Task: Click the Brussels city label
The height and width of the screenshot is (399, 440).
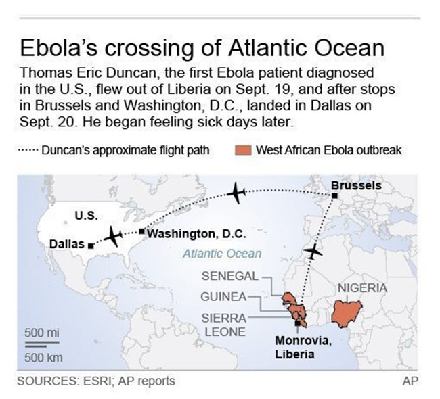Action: tap(356, 185)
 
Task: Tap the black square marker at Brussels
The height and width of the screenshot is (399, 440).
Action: tap(335, 196)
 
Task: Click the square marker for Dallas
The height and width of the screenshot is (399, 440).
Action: tap(91, 245)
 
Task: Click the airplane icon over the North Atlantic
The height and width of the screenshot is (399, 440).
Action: tap(236, 193)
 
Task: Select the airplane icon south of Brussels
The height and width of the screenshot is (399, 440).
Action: tap(313, 251)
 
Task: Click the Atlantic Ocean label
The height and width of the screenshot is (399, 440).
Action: tap(221, 254)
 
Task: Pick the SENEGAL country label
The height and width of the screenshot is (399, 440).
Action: tap(230, 276)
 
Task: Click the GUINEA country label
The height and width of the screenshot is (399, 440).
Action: tap(224, 296)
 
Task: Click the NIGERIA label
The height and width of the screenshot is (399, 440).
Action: tap(362, 288)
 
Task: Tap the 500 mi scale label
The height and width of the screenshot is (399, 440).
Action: tap(42, 333)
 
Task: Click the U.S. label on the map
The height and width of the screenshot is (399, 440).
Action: tap(86, 216)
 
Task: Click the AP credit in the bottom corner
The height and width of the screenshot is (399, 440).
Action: tap(410, 381)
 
